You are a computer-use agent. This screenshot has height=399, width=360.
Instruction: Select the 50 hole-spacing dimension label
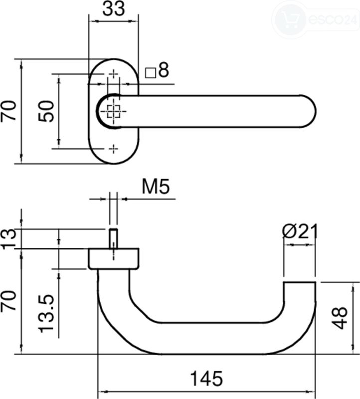tap(46, 111)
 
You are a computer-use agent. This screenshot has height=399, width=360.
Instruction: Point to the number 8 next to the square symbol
tap(164, 70)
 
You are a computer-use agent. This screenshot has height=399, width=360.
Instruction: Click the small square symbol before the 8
tap(151, 73)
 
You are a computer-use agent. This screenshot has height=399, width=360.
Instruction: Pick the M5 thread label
tap(156, 187)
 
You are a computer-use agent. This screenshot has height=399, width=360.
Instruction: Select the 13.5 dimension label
tap(46, 314)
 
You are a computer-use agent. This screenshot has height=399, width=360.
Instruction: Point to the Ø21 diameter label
tap(300, 231)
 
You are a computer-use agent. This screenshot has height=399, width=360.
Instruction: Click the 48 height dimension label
tap(340, 318)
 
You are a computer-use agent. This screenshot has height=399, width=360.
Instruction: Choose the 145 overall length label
tap(206, 379)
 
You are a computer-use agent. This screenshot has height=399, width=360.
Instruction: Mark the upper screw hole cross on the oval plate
tap(114, 74)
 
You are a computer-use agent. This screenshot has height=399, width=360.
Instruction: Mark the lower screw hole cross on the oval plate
tap(114, 149)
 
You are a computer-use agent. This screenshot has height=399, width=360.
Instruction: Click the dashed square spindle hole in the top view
tap(114, 111)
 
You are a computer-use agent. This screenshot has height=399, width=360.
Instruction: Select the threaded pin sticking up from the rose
tap(114, 238)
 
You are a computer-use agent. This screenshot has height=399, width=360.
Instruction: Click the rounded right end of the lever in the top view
tap(308, 111)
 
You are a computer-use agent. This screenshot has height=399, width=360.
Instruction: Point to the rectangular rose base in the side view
tap(114, 258)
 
